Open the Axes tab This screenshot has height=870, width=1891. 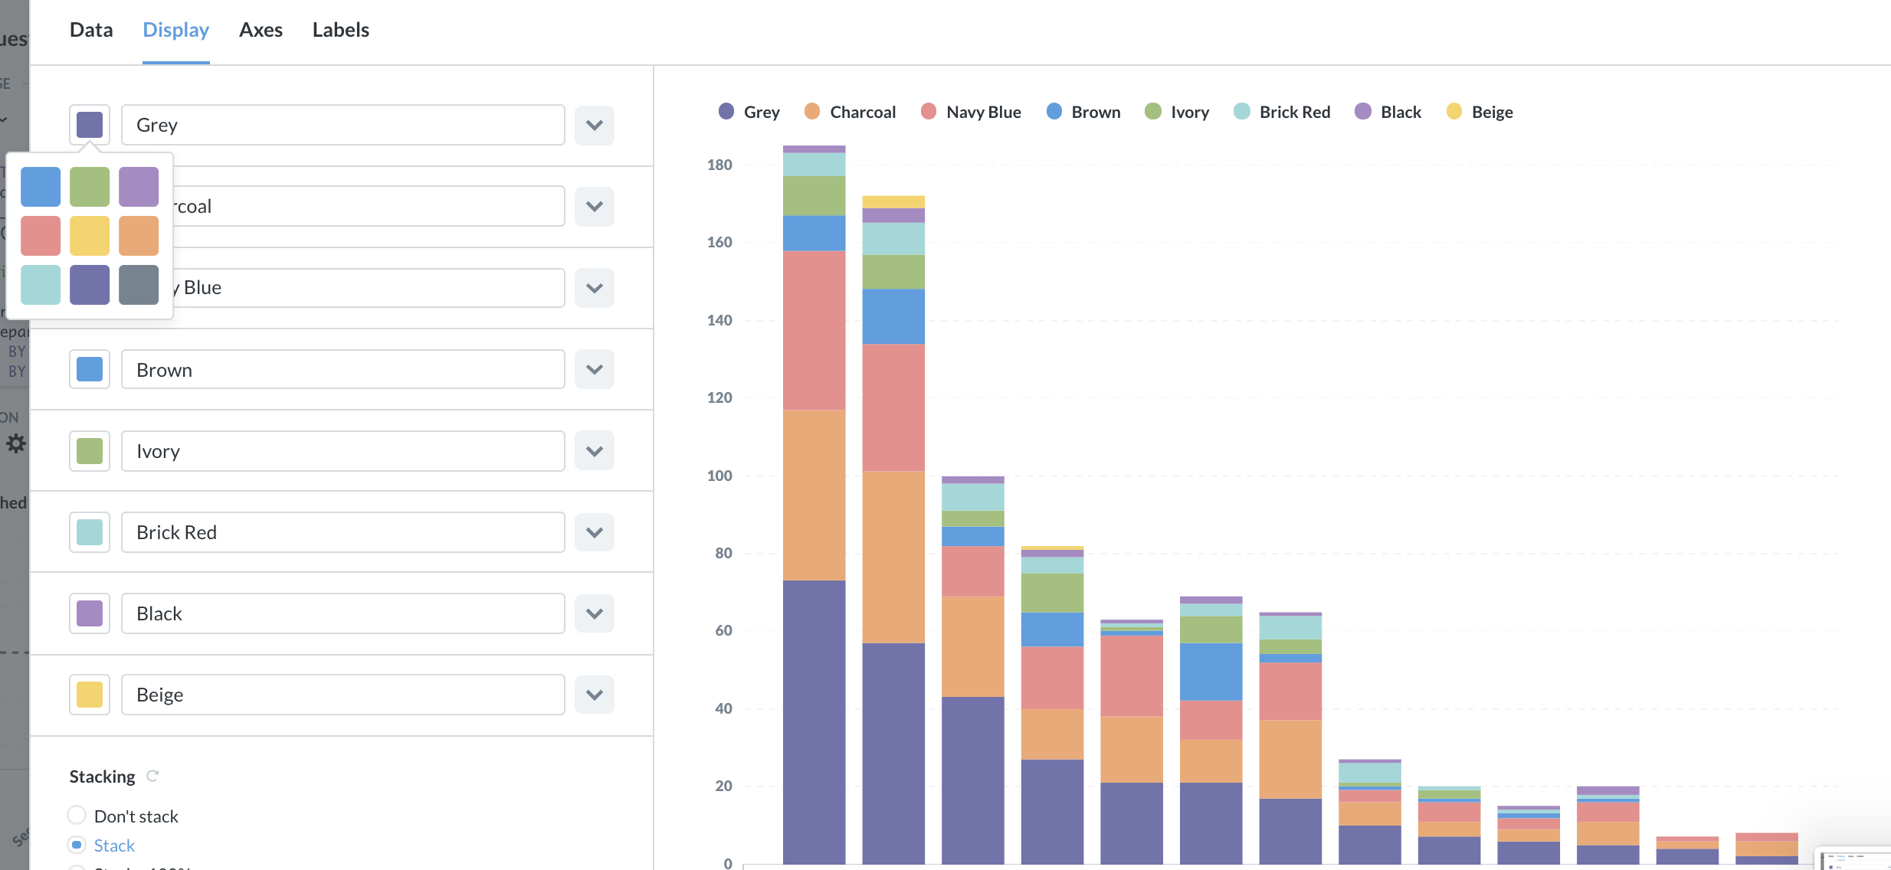coord(261,30)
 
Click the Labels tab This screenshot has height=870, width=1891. coord(340,30)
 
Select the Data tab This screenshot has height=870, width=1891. coord(91,30)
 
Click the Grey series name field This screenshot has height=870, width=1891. coord(342,125)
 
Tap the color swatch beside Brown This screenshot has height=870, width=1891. coord(90,369)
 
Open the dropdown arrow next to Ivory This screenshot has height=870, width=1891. coord(595,451)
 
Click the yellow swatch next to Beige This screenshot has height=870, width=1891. coord(90,695)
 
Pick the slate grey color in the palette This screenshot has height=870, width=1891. coord(139,285)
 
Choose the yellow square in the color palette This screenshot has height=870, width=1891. coord(90,236)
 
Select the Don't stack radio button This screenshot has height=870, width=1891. coord(77,815)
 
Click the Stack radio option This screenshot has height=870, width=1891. coord(77,845)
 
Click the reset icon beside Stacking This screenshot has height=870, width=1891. coord(152,776)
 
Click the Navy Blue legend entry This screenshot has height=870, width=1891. coord(971,112)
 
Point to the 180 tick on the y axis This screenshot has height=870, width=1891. coord(719,165)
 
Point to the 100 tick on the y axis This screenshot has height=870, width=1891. coord(719,476)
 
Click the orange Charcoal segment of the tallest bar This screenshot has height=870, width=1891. coord(814,494)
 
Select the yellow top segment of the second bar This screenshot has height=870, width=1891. coord(893,202)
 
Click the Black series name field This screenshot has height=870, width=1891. coord(342,613)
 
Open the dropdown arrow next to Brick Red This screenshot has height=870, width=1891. coord(595,532)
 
